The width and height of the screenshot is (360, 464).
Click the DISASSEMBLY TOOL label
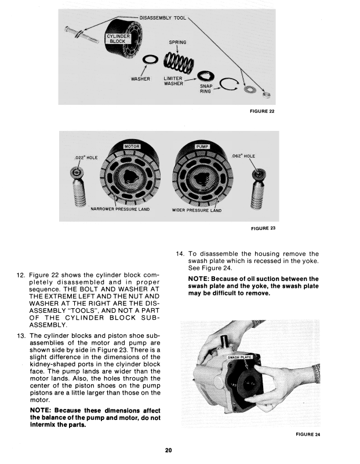163,18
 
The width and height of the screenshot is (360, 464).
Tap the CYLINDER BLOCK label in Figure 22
118,38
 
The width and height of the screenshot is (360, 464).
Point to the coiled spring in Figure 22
177,60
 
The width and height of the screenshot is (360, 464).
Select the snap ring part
227,85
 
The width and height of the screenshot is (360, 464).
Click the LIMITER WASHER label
173,81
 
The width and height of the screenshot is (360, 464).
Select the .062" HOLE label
243,156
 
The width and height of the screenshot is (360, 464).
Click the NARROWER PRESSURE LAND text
121,209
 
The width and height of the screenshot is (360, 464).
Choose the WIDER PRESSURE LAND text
197,210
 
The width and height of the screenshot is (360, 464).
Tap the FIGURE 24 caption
308,434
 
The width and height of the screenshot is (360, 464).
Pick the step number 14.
179,253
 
